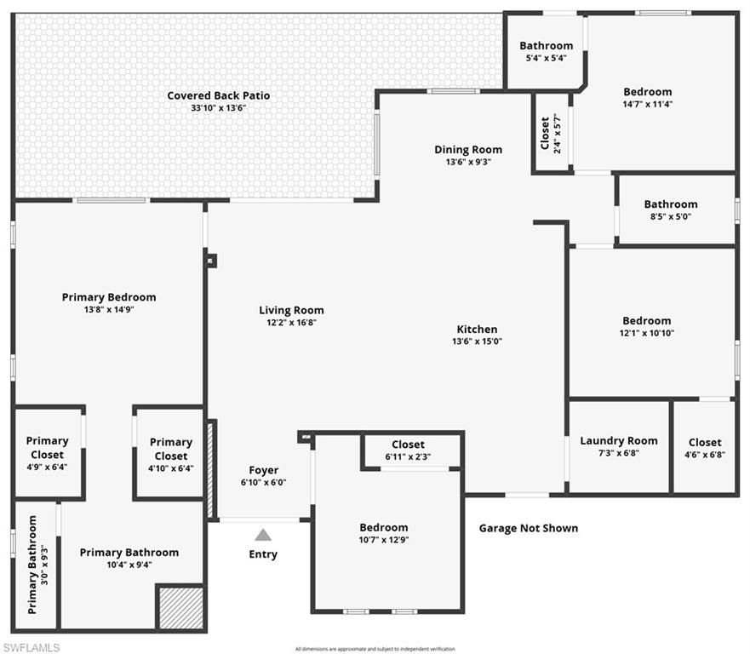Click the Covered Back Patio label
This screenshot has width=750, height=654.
pyautogui.click(x=218, y=95)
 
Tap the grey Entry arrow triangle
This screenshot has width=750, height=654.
pyautogui.click(x=263, y=535)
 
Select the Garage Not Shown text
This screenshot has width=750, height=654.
pyautogui.click(x=528, y=528)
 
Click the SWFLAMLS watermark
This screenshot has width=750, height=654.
pyautogui.click(x=31, y=647)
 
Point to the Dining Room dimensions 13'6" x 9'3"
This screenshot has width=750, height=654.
pyautogui.click(x=468, y=162)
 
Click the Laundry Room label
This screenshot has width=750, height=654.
pyautogui.click(x=619, y=440)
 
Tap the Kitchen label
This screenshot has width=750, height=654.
pyautogui.click(x=477, y=330)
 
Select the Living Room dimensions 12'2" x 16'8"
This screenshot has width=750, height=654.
pyautogui.click(x=291, y=323)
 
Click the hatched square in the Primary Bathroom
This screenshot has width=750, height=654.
pyautogui.click(x=180, y=608)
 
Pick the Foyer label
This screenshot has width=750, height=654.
pyautogui.click(x=263, y=470)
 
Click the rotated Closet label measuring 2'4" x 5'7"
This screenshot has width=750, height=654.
pyautogui.click(x=545, y=133)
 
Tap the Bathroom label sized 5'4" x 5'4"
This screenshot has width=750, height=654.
pyautogui.click(x=546, y=46)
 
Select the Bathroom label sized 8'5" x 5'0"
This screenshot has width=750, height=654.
pyautogui.click(x=670, y=204)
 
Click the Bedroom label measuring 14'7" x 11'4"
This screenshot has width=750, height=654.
pyautogui.click(x=647, y=92)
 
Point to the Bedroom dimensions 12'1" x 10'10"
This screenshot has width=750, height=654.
pyautogui.click(x=647, y=333)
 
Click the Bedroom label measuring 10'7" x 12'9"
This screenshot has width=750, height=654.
pyautogui.click(x=383, y=527)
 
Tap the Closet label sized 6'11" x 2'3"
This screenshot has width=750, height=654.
pyautogui.click(x=408, y=445)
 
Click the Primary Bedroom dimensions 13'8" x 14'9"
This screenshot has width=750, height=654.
pyautogui.click(x=109, y=309)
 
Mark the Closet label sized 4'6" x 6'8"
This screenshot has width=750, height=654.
pyautogui.click(x=704, y=442)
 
